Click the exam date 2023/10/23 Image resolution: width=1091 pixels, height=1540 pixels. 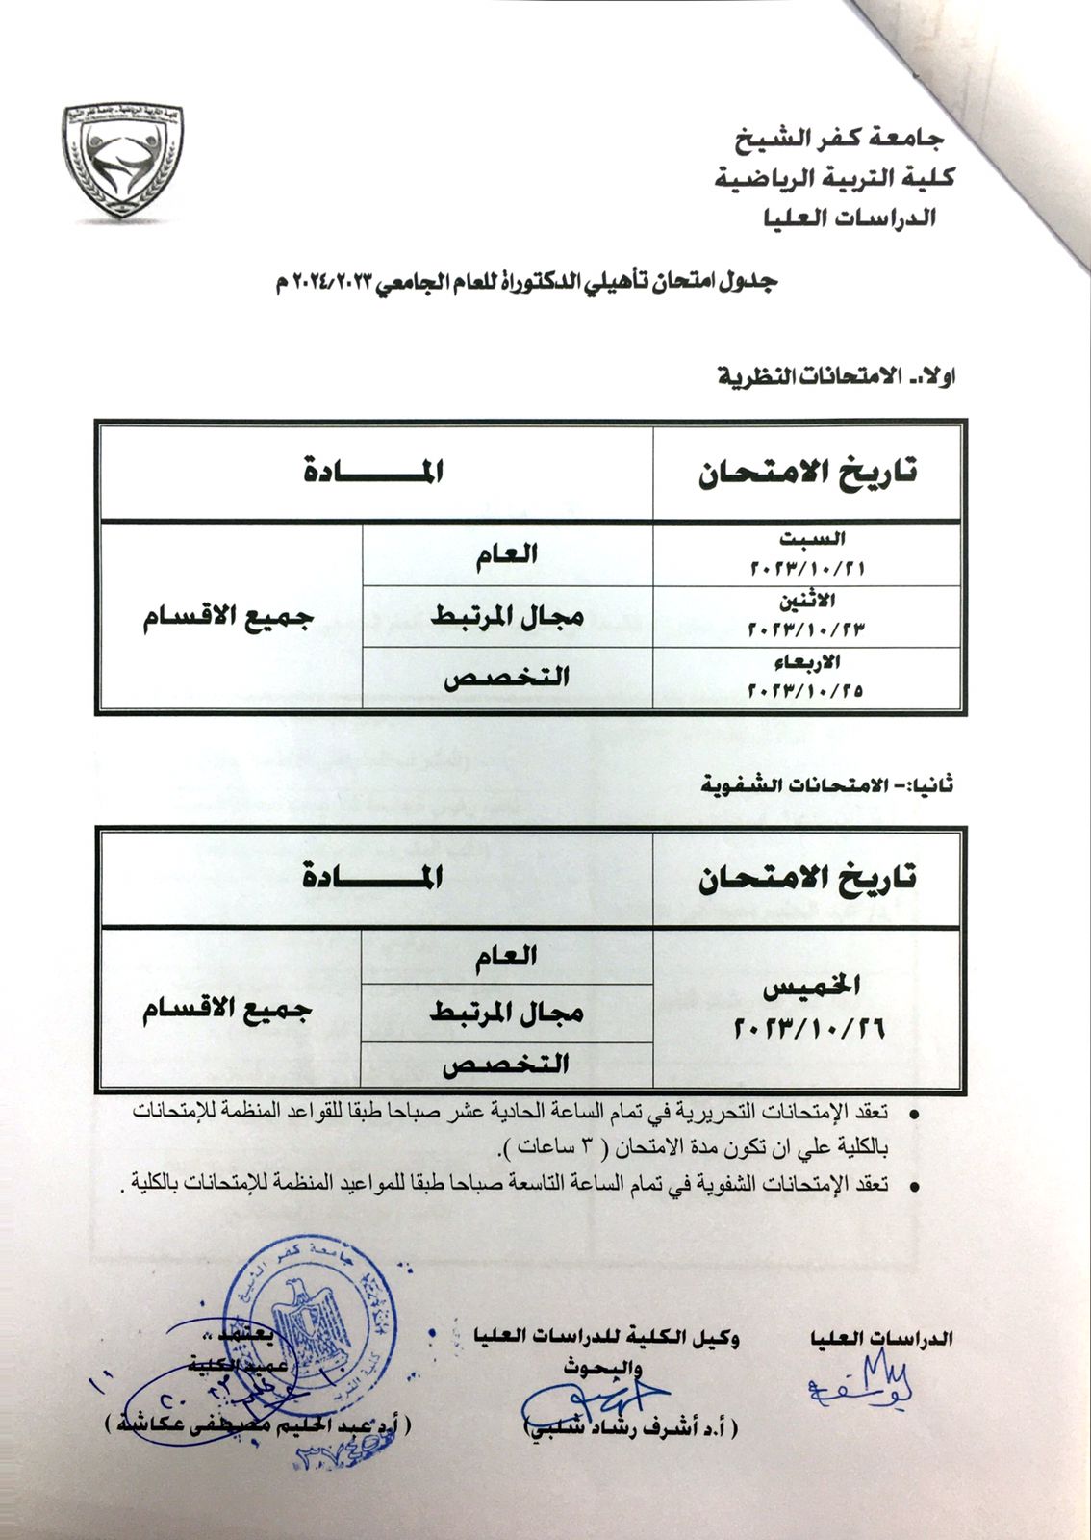click(806, 629)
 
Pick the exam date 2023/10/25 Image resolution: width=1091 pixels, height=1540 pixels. click(806, 690)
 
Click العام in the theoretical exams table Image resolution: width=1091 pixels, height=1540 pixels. click(506, 553)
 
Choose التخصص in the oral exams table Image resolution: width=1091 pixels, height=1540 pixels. click(506, 1064)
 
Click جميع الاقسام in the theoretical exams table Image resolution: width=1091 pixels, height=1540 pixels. click(229, 617)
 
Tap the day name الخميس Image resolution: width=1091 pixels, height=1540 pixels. click(811, 987)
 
